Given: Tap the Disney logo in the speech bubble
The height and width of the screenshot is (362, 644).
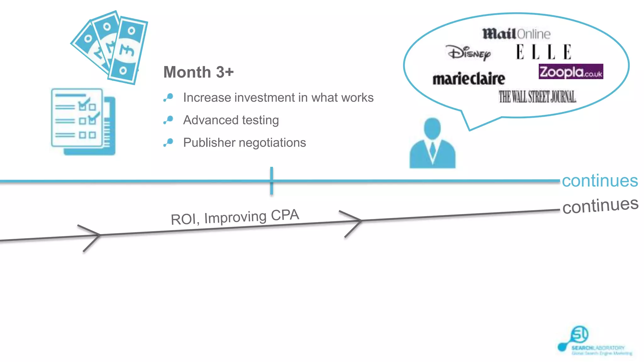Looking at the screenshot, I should pos(469,53).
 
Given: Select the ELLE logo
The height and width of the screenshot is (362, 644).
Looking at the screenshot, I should pos(543,52).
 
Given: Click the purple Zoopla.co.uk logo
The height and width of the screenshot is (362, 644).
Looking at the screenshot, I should pos(570,72).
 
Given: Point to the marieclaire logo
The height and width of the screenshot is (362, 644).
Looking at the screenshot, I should pos(469,79).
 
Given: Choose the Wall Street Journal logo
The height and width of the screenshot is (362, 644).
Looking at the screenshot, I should pos(537,97).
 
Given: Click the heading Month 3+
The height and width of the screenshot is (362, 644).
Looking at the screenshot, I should pos(198,72).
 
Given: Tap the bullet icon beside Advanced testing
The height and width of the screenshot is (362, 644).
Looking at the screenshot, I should pos(169,120).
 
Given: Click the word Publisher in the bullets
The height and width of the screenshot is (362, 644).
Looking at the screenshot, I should pos(209,143).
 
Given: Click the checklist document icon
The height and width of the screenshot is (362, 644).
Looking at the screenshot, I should pos(83,122).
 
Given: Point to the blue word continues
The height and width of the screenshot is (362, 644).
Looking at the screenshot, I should pos(600,181).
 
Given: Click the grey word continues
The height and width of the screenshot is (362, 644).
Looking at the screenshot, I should pos(600,206).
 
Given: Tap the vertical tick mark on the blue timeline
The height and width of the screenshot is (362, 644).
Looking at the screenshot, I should pos(271,181).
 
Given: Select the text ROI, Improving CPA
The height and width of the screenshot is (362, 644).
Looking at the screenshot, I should pos(235,217).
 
